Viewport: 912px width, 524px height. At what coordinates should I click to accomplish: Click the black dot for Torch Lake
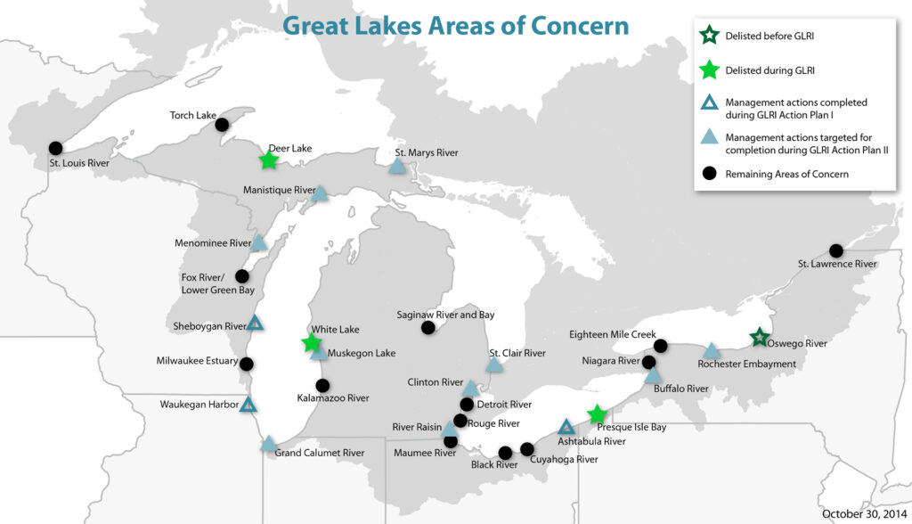(x=222, y=125)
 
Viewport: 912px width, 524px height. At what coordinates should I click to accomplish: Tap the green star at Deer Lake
(x=268, y=160)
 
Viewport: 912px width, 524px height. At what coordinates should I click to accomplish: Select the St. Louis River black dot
(x=55, y=148)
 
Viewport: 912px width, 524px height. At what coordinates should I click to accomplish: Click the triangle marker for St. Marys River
(x=397, y=166)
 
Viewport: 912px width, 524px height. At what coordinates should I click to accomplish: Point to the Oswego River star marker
(x=759, y=337)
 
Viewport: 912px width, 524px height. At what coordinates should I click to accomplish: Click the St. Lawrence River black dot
(x=835, y=250)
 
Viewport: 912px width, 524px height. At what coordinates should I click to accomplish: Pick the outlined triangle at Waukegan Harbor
(x=248, y=405)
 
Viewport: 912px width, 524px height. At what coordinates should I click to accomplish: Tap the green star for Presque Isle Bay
(x=598, y=414)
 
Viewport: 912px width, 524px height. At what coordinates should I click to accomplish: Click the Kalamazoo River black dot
(x=322, y=386)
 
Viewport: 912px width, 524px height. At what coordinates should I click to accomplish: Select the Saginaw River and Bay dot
(x=427, y=328)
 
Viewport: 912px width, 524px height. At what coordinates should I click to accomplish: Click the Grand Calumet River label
(x=319, y=453)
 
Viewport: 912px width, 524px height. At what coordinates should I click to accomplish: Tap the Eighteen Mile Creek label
(x=613, y=334)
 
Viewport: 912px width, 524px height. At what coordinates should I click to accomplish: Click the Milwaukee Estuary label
(x=197, y=361)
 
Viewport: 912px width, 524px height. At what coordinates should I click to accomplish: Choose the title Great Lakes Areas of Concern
(x=455, y=25)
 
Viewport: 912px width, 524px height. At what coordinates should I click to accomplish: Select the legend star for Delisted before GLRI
(x=710, y=37)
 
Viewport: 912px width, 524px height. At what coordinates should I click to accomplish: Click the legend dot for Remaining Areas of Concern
(x=710, y=174)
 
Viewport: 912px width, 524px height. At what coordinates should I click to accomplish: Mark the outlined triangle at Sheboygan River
(x=255, y=323)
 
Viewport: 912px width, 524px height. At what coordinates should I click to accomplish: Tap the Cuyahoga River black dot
(x=527, y=448)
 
